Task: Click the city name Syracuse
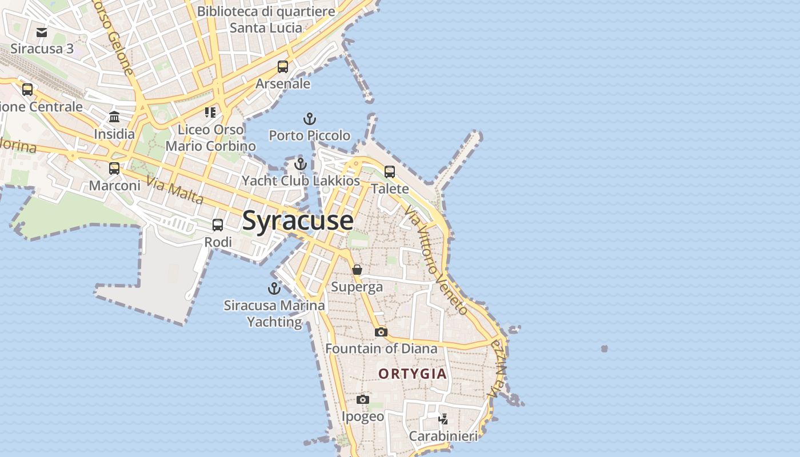(298, 221)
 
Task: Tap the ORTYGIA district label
(413, 374)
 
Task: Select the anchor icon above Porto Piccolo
(309, 119)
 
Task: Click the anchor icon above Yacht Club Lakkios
(301, 165)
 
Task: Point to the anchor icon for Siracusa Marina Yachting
(274, 288)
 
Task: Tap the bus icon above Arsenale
(283, 67)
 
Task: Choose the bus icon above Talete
(390, 172)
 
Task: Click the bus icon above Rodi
(218, 225)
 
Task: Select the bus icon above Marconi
(114, 169)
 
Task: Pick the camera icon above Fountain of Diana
(381, 332)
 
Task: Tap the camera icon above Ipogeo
(363, 399)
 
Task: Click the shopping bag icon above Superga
(357, 270)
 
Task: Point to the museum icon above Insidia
(114, 117)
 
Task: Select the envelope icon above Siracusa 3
(42, 32)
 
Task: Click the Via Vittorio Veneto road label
(436, 260)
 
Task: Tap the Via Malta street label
(175, 191)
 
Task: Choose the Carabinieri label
(443, 436)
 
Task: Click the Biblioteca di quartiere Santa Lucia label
(266, 19)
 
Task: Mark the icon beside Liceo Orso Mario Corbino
(210, 112)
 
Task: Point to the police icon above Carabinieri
(443, 419)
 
